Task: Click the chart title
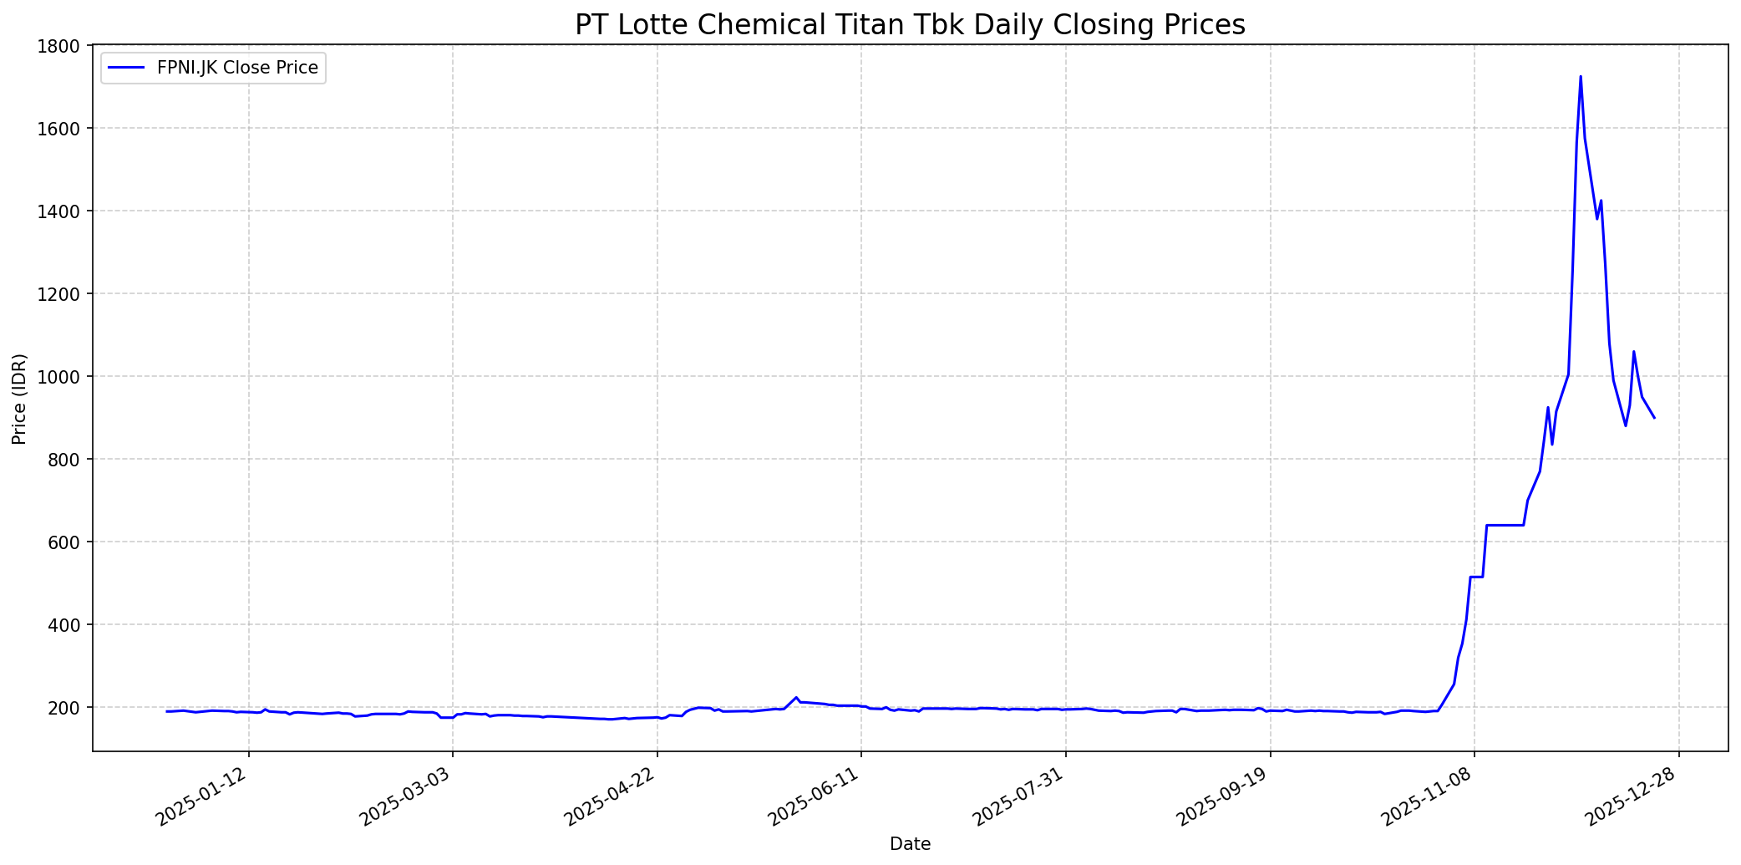tap(910, 25)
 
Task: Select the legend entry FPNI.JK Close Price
tap(236, 69)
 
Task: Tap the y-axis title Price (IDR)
tap(19, 399)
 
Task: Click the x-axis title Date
tap(910, 844)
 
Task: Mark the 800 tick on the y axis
tap(65, 460)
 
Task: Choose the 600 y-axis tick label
tap(65, 542)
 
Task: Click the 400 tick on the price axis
tap(65, 625)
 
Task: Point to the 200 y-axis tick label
tap(65, 708)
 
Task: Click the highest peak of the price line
tap(1580, 77)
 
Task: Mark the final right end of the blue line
tap(1654, 418)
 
